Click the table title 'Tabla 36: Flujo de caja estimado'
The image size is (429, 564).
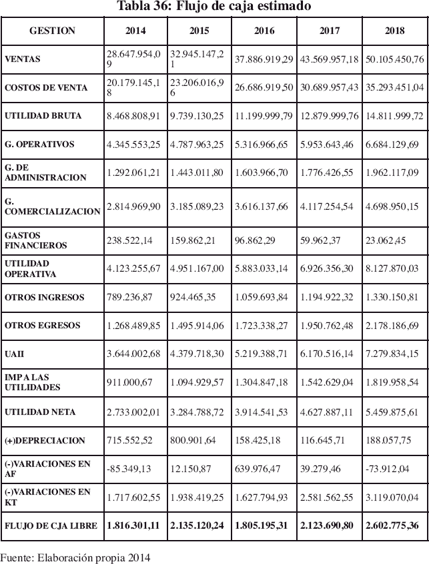tap(213, 7)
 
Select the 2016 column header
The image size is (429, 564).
tap(264, 31)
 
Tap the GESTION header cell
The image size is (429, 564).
tap(52, 31)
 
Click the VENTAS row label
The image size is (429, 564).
tap(23, 59)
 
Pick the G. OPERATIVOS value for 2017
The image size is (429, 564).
tap(330, 144)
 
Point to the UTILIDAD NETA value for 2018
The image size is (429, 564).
tap(394, 412)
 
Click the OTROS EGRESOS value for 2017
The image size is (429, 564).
tap(330, 325)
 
